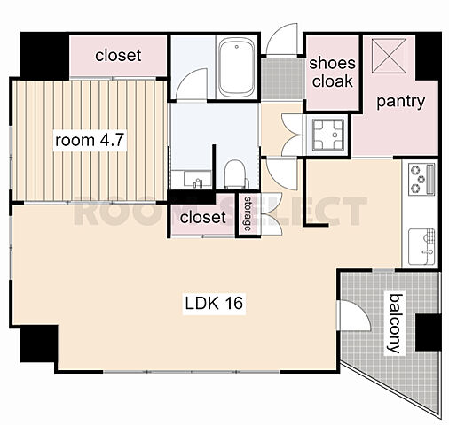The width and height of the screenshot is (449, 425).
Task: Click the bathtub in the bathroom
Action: (x=236, y=68)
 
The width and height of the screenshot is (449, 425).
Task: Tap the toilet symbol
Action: (x=236, y=174)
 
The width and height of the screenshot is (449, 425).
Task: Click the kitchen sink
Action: (x=421, y=246)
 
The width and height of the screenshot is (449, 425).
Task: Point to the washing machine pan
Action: (x=328, y=135)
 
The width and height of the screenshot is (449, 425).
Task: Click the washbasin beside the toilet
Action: (x=197, y=180)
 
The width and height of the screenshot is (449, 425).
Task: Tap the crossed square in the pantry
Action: (x=389, y=56)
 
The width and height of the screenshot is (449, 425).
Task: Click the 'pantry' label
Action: (x=400, y=102)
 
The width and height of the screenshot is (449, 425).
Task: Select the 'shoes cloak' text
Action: (x=332, y=73)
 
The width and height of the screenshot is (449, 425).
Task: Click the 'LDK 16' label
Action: (x=214, y=303)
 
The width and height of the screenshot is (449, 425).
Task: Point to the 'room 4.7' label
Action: (x=90, y=140)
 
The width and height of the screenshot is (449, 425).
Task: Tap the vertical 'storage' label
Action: (x=248, y=213)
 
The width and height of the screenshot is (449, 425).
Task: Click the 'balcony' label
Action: (x=396, y=323)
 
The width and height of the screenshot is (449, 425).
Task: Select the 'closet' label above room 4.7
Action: (x=118, y=55)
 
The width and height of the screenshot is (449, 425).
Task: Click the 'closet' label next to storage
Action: (x=203, y=217)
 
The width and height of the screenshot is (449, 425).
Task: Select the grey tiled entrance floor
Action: (x=282, y=79)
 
